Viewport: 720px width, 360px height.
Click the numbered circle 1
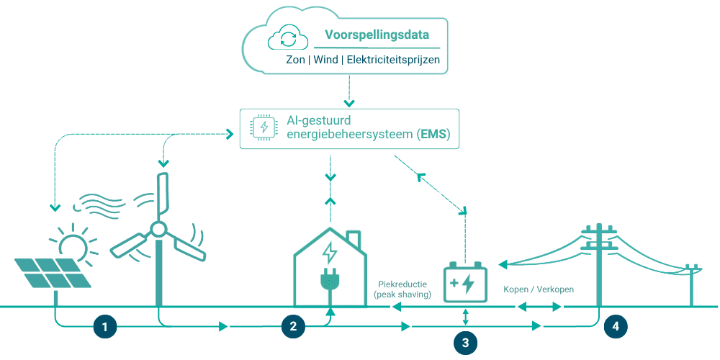coord(105,326)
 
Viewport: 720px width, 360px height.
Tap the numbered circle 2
coord(293,326)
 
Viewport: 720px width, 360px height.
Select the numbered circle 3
coord(465,343)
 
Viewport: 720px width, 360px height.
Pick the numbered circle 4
coord(615,326)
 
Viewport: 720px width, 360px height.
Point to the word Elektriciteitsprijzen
coord(393,60)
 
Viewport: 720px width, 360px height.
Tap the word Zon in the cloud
coord(295,60)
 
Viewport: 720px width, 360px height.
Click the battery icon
coord(465,281)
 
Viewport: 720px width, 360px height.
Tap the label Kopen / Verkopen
coord(539,289)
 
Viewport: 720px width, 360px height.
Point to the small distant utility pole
coord(692,284)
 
